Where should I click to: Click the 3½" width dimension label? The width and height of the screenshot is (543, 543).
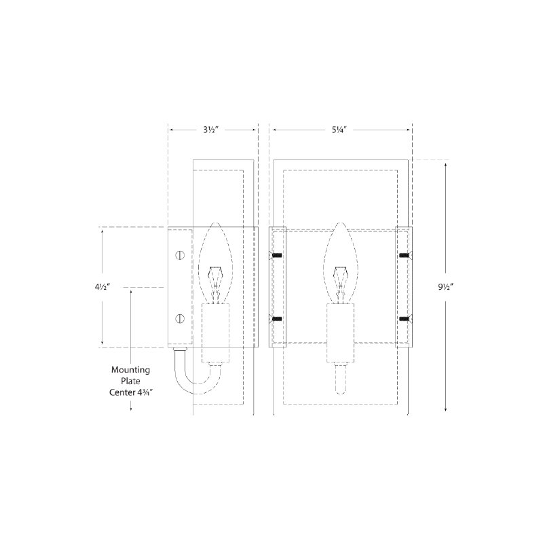pyautogui.click(x=211, y=130)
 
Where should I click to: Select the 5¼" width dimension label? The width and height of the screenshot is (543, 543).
pyautogui.click(x=340, y=130)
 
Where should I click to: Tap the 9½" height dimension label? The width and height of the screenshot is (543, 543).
pyautogui.click(x=446, y=286)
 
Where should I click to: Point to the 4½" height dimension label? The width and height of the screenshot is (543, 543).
pyautogui.click(x=102, y=286)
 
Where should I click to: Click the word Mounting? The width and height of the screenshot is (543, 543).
pyautogui.click(x=130, y=370)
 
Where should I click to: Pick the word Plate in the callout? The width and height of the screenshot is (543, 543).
pyautogui.click(x=130, y=381)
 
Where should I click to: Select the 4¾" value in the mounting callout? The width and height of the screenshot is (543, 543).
pyautogui.click(x=145, y=392)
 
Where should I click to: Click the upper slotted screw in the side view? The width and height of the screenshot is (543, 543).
pyautogui.click(x=180, y=256)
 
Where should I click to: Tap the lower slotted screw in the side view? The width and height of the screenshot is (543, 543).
pyautogui.click(x=180, y=318)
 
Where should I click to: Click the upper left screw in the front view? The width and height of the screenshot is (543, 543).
pyautogui.click(x=276, y=256)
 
